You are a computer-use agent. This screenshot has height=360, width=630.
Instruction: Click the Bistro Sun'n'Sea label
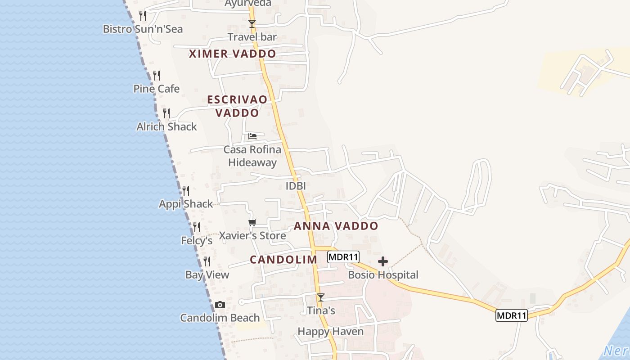pyautogui.click(x=143, y=29)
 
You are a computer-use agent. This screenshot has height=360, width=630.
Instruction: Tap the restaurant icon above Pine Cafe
pyautogui.click(x=156, y=76)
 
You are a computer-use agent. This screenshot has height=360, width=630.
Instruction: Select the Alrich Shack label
pyautogui.click(x=166, y=127)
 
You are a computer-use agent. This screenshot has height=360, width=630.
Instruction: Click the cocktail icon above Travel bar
pyautogui.click(x=252, y=24)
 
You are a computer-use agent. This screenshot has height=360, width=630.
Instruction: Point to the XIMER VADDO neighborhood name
pyautogui.click(x=232, y=54)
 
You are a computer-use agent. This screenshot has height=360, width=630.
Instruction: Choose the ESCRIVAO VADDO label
pyautogui.click(x=237, y=106)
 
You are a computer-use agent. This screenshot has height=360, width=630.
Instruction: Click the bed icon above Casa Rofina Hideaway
pyautogui.click(x=252, y=136)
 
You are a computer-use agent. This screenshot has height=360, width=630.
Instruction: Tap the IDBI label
pyautogui.click(x=296, y=186)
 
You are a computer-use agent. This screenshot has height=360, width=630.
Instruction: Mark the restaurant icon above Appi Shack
pyautogui.click(x=185, y=191)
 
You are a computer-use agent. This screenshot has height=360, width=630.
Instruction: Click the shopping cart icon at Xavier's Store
pyautogui.click(x=252, y=222)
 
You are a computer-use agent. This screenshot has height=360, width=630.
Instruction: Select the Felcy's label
pyautogui.click(x=197, y=241)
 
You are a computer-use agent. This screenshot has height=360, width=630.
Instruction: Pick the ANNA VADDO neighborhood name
pyautogui.click(x=336, y=226)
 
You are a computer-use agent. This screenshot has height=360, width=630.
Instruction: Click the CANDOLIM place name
pyautogui.click(x=283, y=260)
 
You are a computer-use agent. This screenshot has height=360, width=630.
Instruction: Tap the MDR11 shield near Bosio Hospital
pyautogui.click(x=343, y=257)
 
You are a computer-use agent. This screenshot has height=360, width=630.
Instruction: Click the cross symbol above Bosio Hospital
pyautogui.click(x=383, y=261)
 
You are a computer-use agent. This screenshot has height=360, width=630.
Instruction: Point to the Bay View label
pyautogui.click(x=207, y=275)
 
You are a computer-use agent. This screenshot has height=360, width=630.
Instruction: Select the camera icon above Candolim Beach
pyautogui.click(x=220, y=305)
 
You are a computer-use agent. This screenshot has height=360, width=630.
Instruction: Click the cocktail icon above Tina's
pyautogui.click(x=320, y=297)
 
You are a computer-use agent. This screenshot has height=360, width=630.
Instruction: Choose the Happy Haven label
pyautogui.click(x=330, y=332)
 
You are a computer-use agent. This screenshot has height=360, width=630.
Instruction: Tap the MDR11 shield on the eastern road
pyautogui.click(x=511, y=315)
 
